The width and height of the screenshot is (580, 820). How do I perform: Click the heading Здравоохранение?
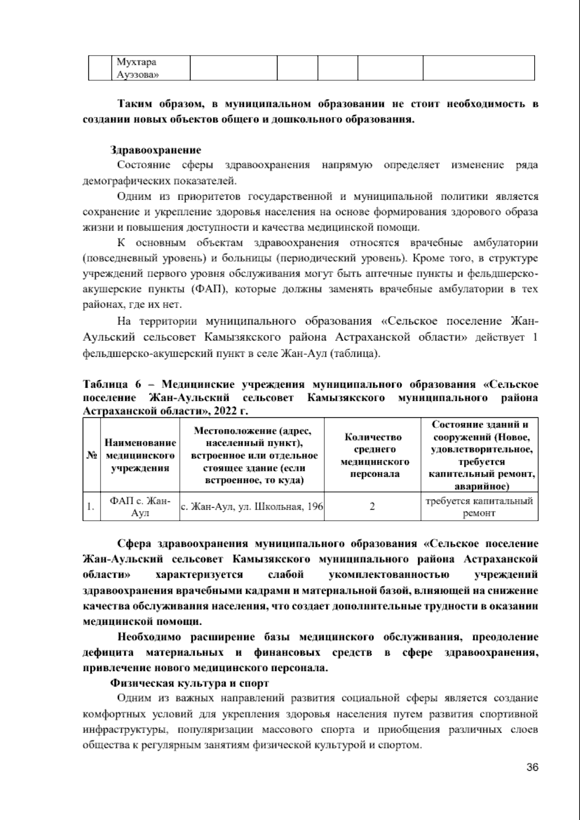(155, 150)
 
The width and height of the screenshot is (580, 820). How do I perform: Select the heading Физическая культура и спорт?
(189, 683)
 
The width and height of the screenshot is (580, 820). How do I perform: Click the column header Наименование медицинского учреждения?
(140, 455)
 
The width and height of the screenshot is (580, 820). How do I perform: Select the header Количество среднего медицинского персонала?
(373, 455)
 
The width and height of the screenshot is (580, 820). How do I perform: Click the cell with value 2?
(373, 507)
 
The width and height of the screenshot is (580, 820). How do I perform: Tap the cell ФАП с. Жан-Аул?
(140, 507)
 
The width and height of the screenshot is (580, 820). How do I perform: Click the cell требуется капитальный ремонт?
(479, 507)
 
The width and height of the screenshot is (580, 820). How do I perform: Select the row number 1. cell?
(91, 507)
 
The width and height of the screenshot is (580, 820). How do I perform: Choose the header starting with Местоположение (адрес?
(252, 455)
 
